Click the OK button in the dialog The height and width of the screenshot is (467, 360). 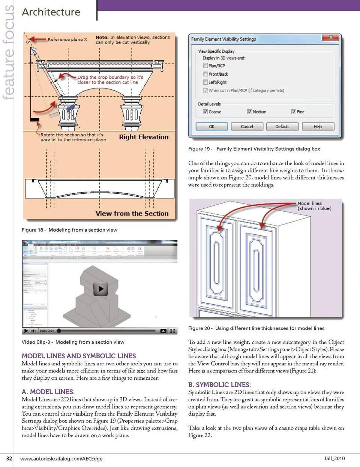[211, 127]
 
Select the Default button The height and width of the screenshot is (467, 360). [282, 127]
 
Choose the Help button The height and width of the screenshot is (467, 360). [318, 127]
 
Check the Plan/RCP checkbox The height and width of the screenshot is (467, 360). [205, 66]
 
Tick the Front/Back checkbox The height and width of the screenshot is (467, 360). [205, 74]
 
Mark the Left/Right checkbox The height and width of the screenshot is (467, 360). [205, 82]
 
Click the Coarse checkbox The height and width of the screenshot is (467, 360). [205, 112]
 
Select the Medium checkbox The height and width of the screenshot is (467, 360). [249, 112]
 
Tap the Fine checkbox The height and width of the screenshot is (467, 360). [294, 112]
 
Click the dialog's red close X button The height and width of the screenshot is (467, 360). [331, 37]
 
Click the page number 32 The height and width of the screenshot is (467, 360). [9, 458]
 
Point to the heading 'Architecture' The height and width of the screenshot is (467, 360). [51, 12]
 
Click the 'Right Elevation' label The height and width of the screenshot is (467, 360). [144, 137]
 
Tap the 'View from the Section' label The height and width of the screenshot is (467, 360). [132, 214]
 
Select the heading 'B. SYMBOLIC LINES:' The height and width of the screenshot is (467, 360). [219, 385]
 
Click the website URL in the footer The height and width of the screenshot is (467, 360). [61, 458]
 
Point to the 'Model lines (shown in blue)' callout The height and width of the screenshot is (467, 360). [314, 206]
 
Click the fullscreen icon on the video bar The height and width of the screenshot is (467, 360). [172, 331]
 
